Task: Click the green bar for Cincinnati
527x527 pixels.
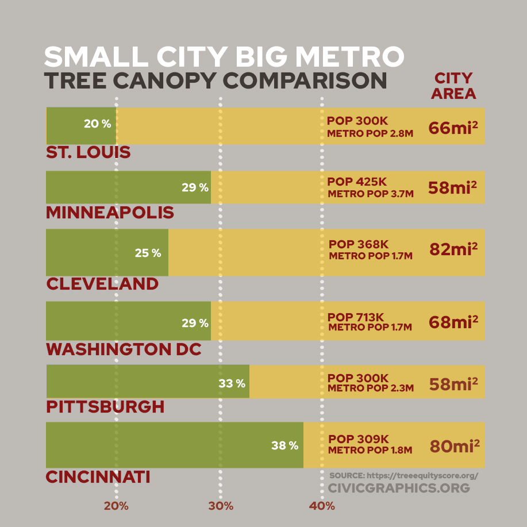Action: [175, 445]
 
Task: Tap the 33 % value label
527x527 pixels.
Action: [232, 383]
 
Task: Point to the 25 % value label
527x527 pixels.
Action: [148, 252]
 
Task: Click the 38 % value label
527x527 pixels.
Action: [285, 445]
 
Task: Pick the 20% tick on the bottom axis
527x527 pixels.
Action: [116, 506]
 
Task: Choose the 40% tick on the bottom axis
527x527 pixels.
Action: [322, 506]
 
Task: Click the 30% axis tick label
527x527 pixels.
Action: [221, 506]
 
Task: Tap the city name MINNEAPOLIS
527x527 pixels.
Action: [110, 213]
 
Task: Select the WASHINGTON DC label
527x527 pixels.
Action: [124, 349]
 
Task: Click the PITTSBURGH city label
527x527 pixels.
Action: [105, 407]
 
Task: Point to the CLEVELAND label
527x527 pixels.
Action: [102, 283]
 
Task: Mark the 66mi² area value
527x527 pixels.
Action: [453, 128]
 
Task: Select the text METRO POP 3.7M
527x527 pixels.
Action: [370, 194]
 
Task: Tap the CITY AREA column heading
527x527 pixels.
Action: [453, 86]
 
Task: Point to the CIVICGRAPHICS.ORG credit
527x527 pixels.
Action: [399, 488]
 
